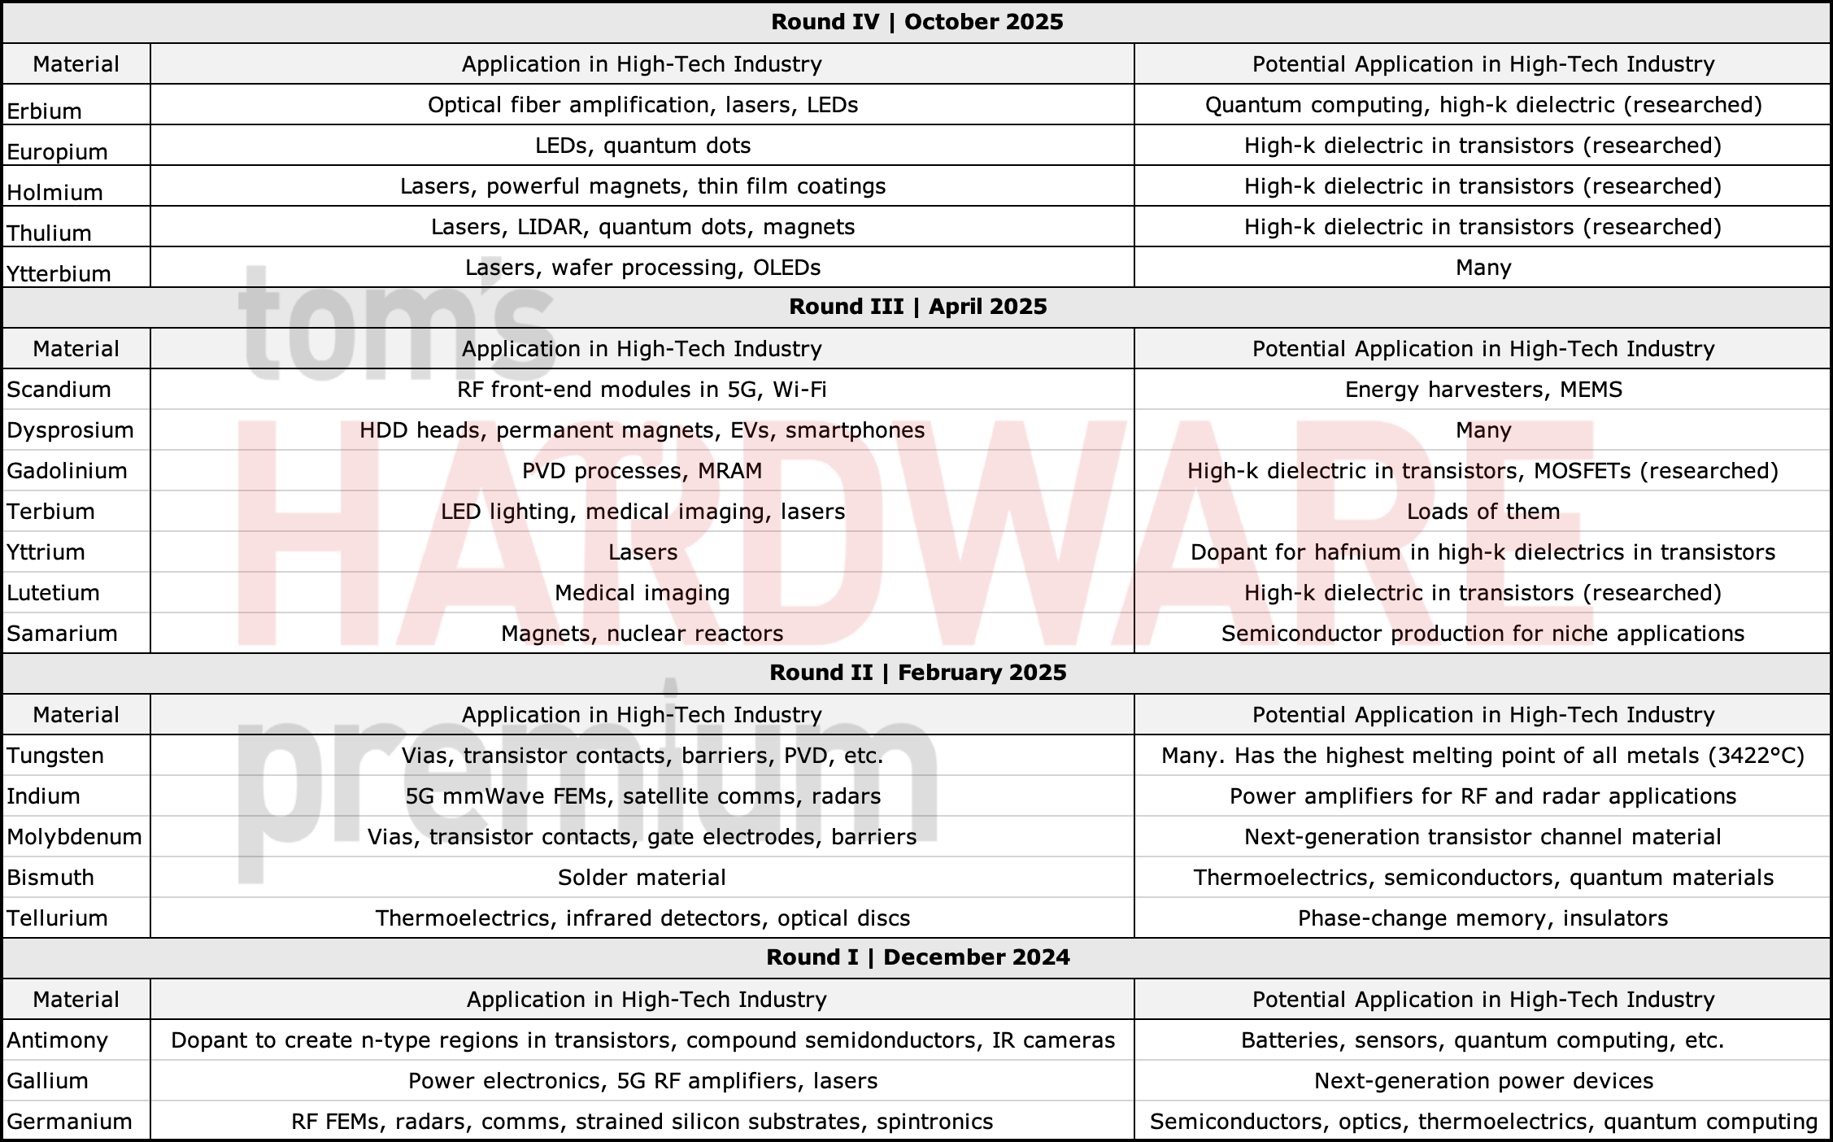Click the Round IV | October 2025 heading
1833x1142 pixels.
tap(916, 22)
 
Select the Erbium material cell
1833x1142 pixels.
tap(45, 111)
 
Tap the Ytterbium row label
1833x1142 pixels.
tap(59, 273)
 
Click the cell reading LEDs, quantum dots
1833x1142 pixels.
tap(642, 146)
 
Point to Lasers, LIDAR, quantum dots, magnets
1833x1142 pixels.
tap(642, 227)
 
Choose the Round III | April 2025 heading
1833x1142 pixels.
tap(917, 307)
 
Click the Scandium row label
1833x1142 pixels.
tap(59, 390)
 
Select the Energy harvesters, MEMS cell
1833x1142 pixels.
tap(1483, 390)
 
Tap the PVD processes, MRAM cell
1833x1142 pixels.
tap(642, 471)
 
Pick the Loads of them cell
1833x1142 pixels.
tap(1483, 512)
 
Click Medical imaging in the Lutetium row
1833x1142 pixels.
tap(642, 593)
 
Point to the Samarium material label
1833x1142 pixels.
tap(62, 634)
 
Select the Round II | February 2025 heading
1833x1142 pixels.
tap(917, 673)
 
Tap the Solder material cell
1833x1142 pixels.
tap(642, 878)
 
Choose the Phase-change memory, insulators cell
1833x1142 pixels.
tap(1483, 918)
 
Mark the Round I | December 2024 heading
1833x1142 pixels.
tap(917, 957)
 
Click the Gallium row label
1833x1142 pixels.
tap(47, 1081)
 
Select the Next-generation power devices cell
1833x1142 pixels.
tap(1483, 1081)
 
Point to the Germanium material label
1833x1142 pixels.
tap(69, 1122)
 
